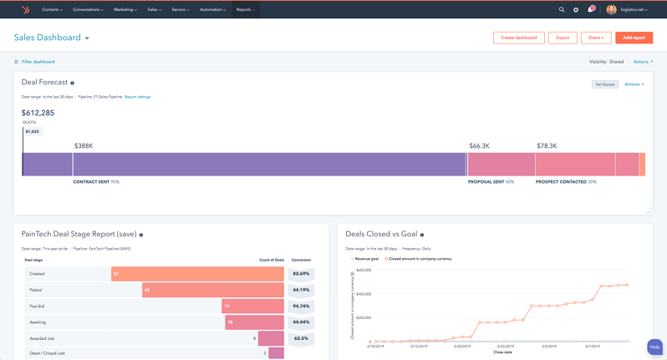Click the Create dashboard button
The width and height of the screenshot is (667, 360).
pos(518,38)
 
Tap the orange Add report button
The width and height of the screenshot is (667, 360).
pos(634,38)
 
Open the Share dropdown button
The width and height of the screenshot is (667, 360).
pos(595,38)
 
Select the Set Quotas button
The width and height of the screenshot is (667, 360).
pos(604,84)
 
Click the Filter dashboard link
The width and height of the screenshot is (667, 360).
pos(38,62)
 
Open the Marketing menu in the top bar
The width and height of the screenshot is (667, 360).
pos(125,10)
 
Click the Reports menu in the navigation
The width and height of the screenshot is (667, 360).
pos(245,10)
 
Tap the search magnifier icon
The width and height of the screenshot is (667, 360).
pos(562,10)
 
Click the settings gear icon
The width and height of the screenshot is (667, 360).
pos(576,10)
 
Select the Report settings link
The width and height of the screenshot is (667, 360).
pos(138,97)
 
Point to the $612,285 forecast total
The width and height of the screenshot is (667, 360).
pos(38,113)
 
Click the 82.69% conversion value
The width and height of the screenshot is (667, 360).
pos(301,274)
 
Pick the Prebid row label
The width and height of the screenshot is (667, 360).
pos(36,290)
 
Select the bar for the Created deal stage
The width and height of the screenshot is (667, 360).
pos(197,274)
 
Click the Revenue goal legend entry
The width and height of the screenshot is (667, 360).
pos(366,259)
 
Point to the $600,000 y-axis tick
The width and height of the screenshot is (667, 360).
pos(363,270)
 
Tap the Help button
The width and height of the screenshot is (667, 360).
pos(654,347)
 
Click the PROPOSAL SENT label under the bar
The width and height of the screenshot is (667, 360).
pos(486,181)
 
